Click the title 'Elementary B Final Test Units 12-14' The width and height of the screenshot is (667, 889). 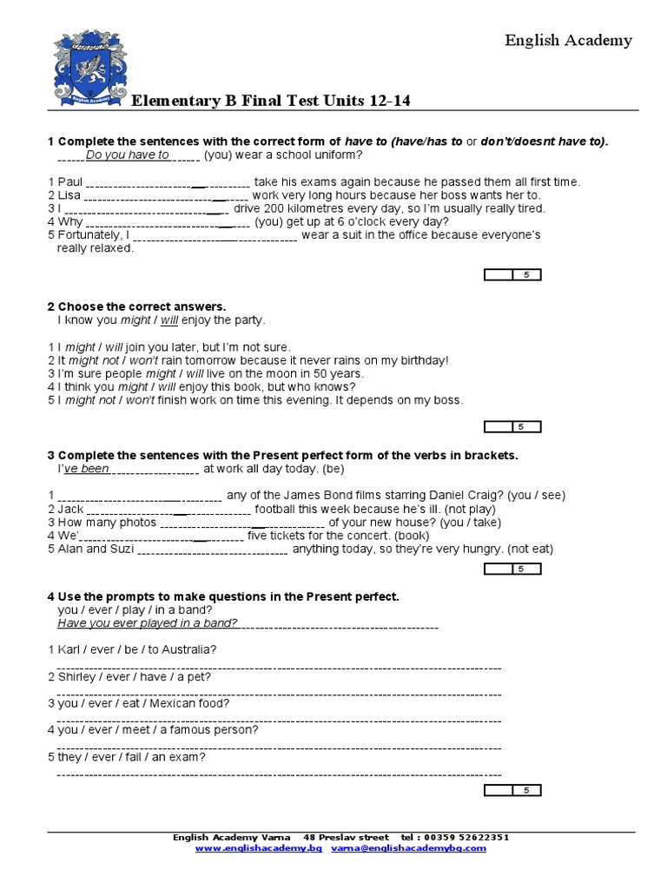pos(270,102)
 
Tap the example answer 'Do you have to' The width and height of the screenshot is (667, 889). pos(128,155)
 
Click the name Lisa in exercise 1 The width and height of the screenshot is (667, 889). pos(69,195)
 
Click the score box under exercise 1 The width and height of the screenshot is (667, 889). pos(512,275)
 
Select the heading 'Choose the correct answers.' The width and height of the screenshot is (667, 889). pos(142,306)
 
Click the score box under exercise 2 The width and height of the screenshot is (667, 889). pos(512,426)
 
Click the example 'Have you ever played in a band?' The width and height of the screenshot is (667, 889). pos(148,622)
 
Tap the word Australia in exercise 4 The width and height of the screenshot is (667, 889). pos(188,649)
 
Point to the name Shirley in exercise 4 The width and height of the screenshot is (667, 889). pos(77,676)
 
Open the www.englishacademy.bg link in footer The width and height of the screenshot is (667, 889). pos(259,848)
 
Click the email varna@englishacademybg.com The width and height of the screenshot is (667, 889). pos(408,848)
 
